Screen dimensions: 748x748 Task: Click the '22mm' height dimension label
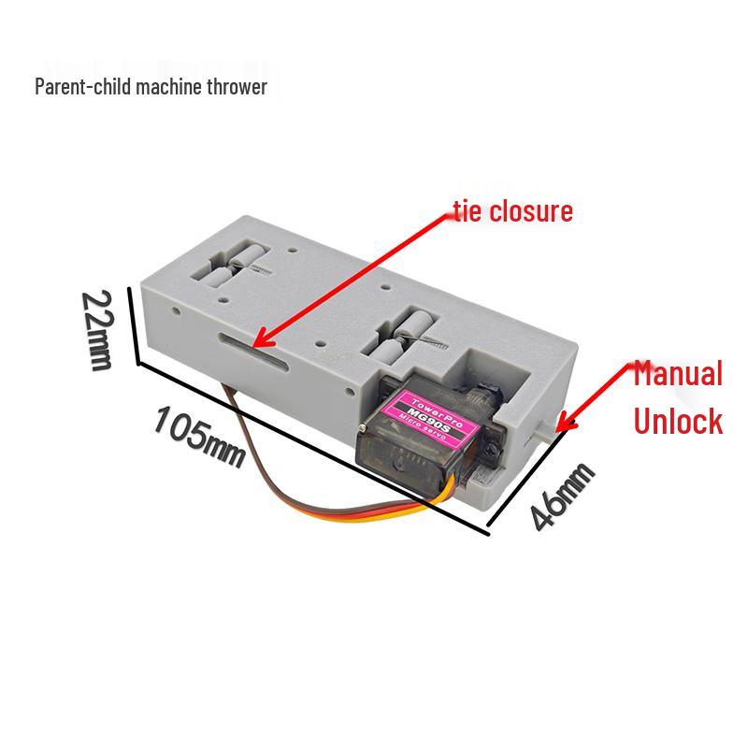[x=98, y=330]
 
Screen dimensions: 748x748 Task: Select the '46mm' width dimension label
[x=563, y=496]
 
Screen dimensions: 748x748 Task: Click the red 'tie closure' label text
[x=513, y=211]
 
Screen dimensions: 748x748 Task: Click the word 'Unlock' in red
[x=678, y=421]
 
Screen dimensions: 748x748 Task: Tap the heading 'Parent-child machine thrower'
[x=151, y=87]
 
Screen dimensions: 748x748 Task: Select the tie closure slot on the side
[x=252, y=352]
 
